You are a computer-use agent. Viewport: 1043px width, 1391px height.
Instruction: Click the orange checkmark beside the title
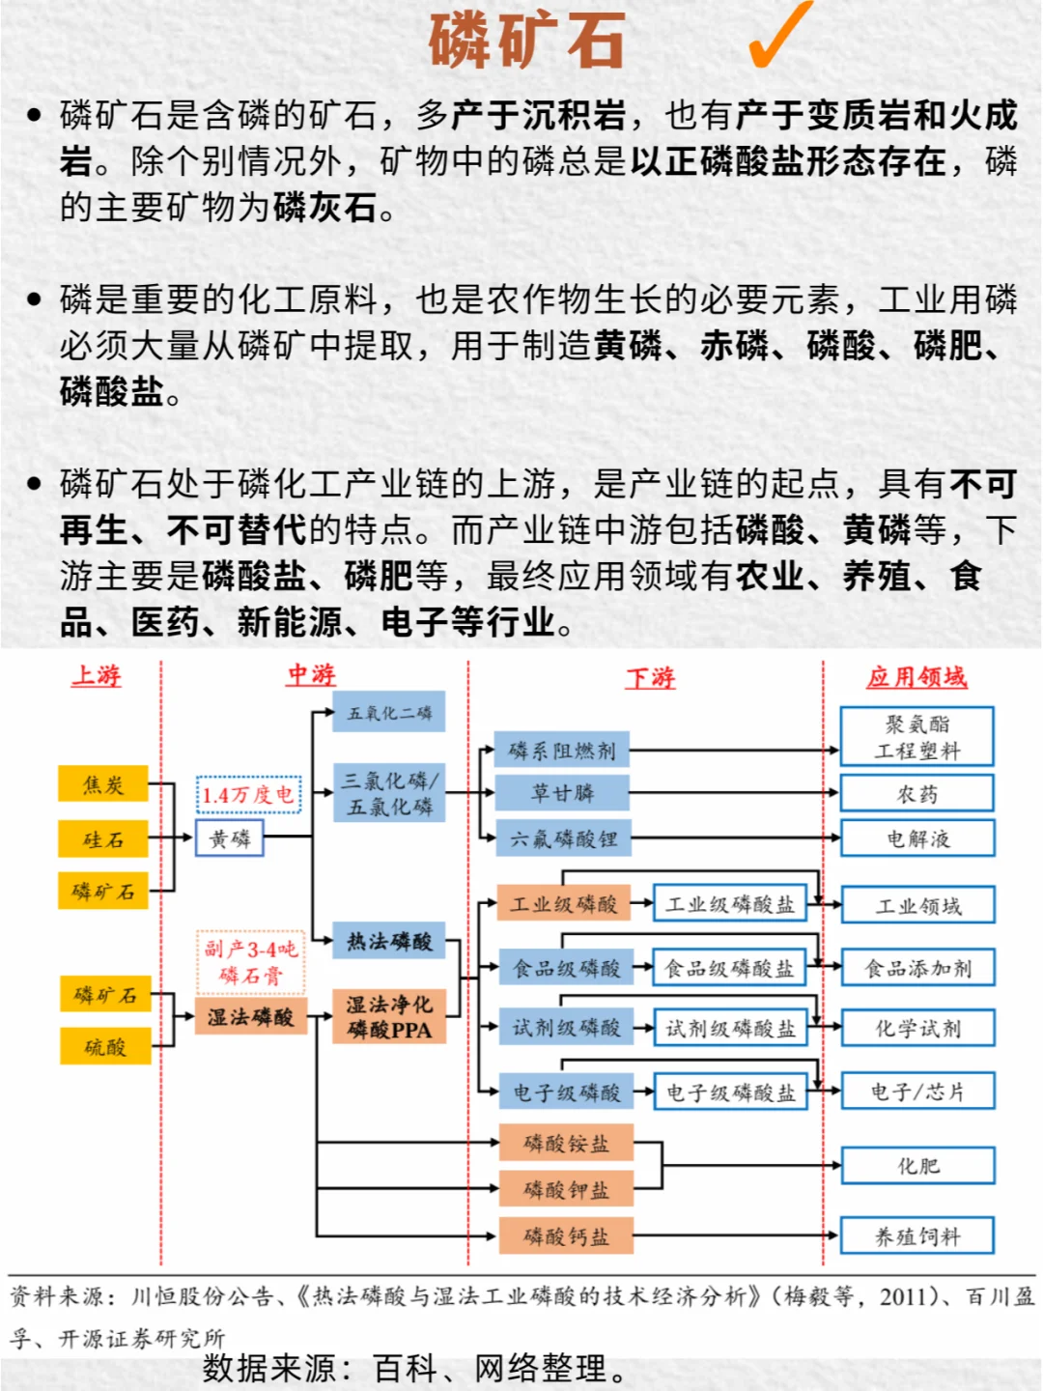pos(780,37)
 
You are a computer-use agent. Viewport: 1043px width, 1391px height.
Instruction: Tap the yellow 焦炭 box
pos(103,783)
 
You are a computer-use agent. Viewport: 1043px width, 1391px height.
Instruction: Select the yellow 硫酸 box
pos(105,1046)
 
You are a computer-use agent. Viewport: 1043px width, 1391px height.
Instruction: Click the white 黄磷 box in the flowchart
pos(230,838)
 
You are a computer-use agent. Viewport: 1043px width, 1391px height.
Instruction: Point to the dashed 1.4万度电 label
pos(248,794)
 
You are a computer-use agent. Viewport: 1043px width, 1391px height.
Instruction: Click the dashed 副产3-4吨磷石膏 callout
pos(250,962)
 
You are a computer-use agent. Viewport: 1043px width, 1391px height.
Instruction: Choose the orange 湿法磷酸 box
pos(250,1016)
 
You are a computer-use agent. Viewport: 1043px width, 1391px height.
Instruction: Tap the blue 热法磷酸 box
pos(389,941)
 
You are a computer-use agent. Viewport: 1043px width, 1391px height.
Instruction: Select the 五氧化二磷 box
pos(389,712)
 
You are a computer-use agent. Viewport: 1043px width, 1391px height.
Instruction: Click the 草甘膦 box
pos(562,793)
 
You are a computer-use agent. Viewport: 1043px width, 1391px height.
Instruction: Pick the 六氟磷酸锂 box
pos(563,838)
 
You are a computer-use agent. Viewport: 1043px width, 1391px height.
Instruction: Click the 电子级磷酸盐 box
pos(730,1092)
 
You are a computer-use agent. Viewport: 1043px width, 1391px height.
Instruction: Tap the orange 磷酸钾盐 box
pos(566,1189)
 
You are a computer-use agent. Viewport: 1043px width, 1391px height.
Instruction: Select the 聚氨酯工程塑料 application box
pos(917,737)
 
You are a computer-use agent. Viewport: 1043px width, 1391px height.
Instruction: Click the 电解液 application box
pos(917,838)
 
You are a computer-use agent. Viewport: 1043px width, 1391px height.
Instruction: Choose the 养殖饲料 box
pos(917,1236)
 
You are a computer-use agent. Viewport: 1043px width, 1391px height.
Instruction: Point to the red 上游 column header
pos(97,675)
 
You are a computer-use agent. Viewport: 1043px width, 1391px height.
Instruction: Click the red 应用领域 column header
pos(916,676)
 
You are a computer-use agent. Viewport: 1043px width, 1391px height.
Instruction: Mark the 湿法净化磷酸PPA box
pos(389,1017)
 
